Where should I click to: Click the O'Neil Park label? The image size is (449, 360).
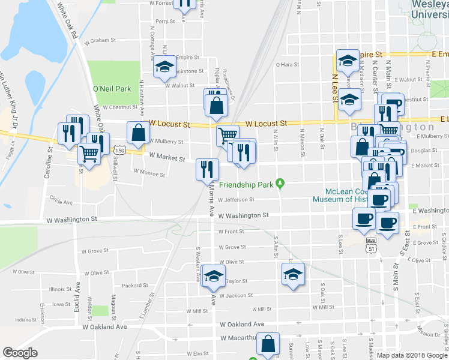[112, 89]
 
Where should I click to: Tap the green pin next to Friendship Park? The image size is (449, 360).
[280, 184]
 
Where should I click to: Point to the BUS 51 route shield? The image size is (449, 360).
[372, 244]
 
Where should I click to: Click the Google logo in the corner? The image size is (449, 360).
[20, 353]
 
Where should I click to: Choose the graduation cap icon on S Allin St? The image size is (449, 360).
[292, 275]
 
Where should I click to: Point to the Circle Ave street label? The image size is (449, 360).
[61, 202]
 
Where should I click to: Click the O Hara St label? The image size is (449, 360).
[287, 64]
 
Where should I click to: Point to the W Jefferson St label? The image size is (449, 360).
[236, 200]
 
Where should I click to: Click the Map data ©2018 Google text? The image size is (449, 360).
[412, 355]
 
